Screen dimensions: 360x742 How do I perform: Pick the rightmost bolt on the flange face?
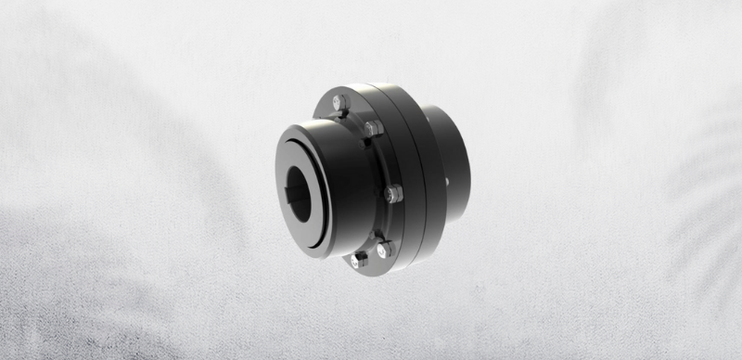tap(394, 194)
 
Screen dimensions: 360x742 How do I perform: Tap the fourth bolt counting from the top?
tap(383, 249)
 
